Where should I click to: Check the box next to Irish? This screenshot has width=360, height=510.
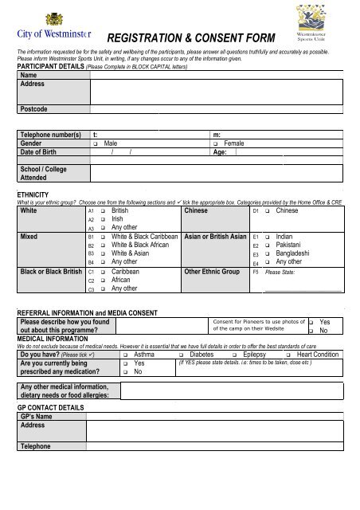104,219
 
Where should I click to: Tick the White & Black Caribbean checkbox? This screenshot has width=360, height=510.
104,237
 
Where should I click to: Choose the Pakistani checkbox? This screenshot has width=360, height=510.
268,245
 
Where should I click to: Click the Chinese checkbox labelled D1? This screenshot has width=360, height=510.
268,211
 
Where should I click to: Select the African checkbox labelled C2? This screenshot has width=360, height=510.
104,280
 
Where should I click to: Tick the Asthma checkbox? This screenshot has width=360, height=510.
127,355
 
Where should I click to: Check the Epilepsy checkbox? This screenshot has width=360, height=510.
235,355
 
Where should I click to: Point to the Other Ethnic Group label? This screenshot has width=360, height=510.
212,271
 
